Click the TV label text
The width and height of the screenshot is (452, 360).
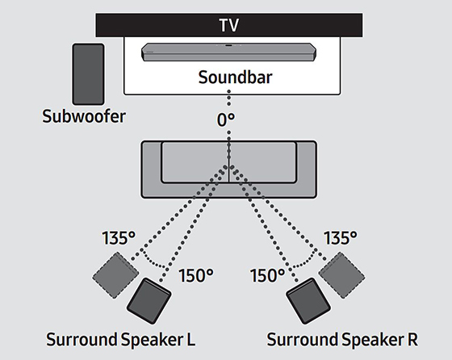pos(229,25)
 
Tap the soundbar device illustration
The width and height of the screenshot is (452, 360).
pos(229,52)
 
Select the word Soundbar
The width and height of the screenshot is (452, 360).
pos(235,77)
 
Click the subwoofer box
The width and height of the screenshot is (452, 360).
pos(88,74)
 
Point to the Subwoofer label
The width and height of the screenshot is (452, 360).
pos(84,116)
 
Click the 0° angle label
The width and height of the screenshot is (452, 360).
pos(226,119)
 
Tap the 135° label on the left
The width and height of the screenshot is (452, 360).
pos(119,238)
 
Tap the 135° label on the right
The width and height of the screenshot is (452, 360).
pos(341,238)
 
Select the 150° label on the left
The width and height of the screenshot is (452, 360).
pos(196,275)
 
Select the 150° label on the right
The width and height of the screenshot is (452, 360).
pos(267,275)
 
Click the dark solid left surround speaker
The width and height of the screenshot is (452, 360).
pos(149,301)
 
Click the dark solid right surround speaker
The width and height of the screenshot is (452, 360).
pos(308,301)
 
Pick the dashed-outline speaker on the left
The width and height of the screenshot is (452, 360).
pos(115,275)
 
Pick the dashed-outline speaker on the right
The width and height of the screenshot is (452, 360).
pos(342,275)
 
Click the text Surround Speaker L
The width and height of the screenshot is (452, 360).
pos(121,339)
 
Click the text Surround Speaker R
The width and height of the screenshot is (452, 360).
pos(342,339)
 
